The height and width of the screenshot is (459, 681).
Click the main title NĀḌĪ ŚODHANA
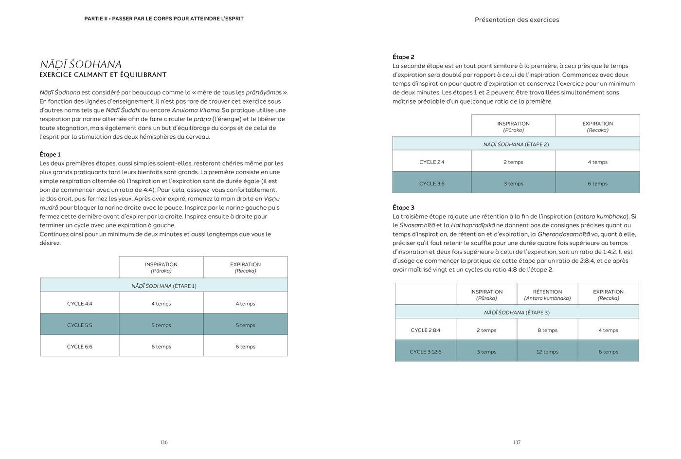(x=81, y=64)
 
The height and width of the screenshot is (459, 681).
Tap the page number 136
(x=164, y=442)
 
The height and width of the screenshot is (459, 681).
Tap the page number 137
(x=517, y=442)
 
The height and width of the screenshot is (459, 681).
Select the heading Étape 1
(x=50, y=154)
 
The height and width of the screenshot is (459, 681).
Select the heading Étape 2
(x=403, y=57)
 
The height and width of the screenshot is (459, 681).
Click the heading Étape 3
(x=403, y=207)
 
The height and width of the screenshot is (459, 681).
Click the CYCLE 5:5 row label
(x=79, y=325)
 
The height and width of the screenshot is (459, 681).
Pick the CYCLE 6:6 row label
(x=79, y=347)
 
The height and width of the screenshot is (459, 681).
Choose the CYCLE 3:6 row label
(x=431, y=184)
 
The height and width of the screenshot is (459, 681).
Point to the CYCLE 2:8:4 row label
(x=425, y=330)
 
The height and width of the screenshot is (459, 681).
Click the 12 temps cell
(x=547, y=351)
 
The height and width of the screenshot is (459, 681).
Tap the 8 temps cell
(x=547, y=330)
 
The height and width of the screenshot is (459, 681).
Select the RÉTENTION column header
(x=547, y=292)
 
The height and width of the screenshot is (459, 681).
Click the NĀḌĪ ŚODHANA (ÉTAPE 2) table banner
(x=516, y=144)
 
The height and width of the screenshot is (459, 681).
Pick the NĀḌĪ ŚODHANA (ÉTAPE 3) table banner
(x=517, y=312)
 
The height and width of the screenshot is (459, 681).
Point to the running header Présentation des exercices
(x=517, y=20)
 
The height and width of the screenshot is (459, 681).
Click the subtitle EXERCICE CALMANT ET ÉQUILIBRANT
(x=103, y=75)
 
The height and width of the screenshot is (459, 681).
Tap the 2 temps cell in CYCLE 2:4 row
(x=513, y=162)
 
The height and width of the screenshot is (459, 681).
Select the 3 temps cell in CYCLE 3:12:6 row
(x=486, y=351)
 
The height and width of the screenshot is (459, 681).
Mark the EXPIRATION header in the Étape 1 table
(x=245, y=265)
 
